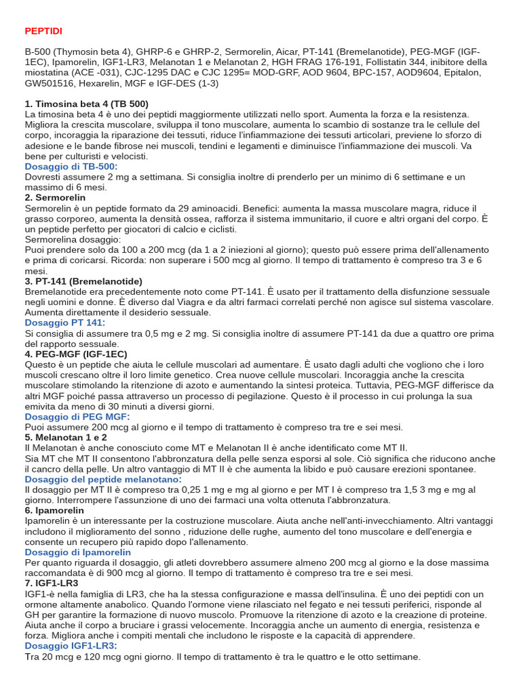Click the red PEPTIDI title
pos(43,31)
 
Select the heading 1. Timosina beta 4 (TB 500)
pos(86,104)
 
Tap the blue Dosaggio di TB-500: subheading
pos(71,166)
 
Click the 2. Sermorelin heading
pos(56,197)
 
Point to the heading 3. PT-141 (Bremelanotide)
pos(83,281)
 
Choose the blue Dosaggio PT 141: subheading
pos(65,323)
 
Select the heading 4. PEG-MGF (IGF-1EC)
pos(75,354)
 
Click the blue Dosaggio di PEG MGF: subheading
pos(77,416)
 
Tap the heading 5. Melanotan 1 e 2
pos(66,437)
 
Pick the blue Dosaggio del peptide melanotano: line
pos(103,479)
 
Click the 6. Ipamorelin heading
pos(54,510)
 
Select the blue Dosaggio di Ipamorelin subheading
pos(77,552)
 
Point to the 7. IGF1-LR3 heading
pos(51,583)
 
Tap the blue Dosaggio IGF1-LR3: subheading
pos(71,646)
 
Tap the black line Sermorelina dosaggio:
pos(73,239)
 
